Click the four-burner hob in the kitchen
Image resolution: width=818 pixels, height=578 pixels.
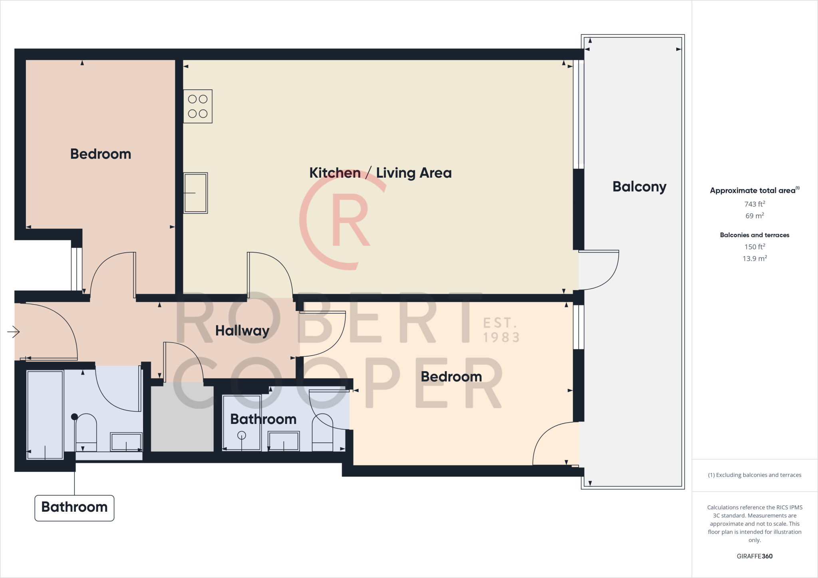198,106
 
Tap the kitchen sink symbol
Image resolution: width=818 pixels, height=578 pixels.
195,193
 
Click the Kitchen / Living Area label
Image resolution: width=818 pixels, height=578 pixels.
380,173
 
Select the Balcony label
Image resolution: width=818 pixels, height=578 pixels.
639,186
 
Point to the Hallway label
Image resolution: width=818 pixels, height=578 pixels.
242,331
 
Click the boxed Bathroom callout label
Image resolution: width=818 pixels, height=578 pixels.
74,507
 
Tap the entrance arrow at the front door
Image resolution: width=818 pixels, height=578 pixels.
14,332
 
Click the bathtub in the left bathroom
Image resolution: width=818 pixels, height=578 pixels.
45,414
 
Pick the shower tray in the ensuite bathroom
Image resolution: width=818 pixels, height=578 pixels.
242,422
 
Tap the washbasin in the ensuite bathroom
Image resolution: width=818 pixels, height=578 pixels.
284,441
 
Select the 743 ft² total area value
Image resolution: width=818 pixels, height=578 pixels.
754,204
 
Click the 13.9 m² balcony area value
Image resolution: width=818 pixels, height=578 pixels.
754,258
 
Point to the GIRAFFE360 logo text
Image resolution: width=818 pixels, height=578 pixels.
754,556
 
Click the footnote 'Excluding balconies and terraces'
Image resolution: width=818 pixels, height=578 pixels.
754,475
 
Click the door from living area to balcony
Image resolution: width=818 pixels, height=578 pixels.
598,270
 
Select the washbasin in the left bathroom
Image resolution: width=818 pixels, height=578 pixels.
126,442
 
